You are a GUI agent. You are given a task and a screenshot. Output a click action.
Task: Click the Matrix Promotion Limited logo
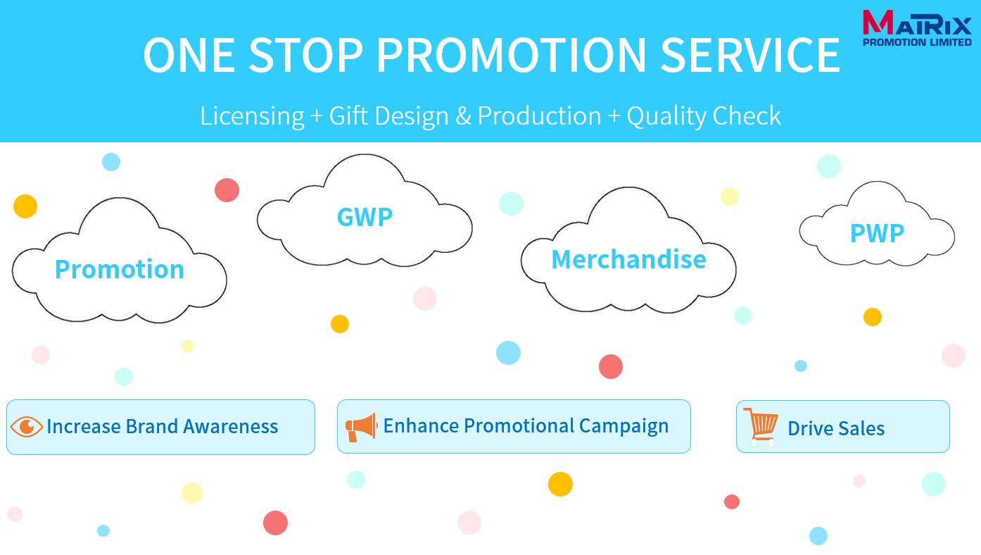[917, 28]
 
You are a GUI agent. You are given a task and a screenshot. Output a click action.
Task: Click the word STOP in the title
[306, 55]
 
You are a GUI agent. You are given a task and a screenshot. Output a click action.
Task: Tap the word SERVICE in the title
[750, 55]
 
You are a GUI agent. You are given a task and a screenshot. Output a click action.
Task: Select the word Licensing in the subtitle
[252, 117]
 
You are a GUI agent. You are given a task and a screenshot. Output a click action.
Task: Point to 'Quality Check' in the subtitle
[704, 117]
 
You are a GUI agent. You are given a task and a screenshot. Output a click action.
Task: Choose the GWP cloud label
[365, 217]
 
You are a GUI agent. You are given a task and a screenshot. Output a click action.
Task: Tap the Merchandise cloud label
[629, 259]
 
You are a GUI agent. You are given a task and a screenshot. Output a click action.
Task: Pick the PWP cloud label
[878, 233]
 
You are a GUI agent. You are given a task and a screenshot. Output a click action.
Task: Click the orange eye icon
[26, 427]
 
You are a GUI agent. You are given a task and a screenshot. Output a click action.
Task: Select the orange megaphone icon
[361, 427]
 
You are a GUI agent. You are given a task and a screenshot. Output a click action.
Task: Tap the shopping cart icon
[761, 426]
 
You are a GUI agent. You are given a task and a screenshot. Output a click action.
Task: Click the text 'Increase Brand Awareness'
[163, 427]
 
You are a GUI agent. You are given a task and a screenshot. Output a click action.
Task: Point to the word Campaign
[624, 427]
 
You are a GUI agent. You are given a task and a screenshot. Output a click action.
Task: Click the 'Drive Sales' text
[836, 428]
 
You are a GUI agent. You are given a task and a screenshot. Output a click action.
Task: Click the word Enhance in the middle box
[420, 425]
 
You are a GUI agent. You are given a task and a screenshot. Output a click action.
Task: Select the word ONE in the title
[189, 55]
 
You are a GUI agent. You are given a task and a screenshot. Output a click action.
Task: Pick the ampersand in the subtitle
[464, 116]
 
